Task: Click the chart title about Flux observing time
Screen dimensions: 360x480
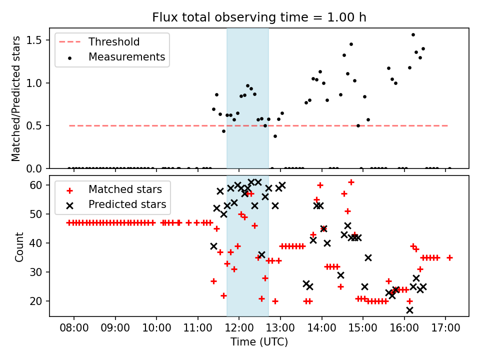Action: click(x=259, y=17)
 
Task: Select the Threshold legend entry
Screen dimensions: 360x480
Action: click(x=114, y=42)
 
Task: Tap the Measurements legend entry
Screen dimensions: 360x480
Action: click(x=126, y=57)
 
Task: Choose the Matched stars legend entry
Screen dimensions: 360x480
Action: click(x=125, y=189)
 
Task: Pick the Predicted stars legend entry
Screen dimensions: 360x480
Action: click(x=127, y=204)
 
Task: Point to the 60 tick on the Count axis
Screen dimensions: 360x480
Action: click(x=38, y=185)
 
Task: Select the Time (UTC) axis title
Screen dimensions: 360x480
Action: click(x=259, y=342)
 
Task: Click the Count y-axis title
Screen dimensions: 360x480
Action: click(x=19, y=246)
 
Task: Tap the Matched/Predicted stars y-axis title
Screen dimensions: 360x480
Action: click(x=16, y=98)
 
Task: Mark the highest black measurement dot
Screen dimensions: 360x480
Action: click(x=413, y=35)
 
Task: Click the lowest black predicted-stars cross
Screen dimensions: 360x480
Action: click(x=409, y=310)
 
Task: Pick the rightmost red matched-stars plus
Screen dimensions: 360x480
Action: click(x=449, y=258)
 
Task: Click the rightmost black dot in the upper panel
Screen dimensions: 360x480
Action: click(x=449, y=168)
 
